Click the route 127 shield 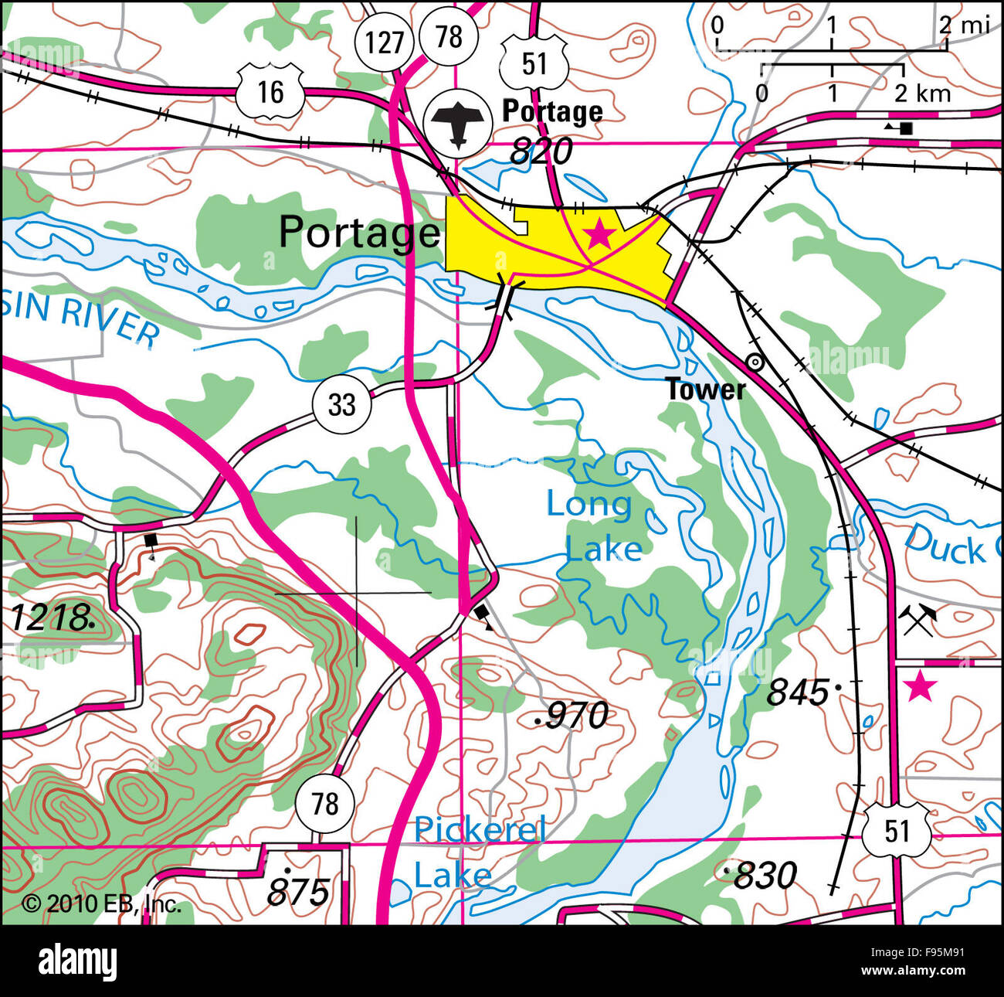(385, 41)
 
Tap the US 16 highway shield (270, 92)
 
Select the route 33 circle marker (341, 403)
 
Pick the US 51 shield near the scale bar (534, 63)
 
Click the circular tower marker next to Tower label (755, 362)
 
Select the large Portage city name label (358, 232)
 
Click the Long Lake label (592, 526)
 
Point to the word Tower (706, 390)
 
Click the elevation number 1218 (50, 618)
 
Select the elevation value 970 (575, 716)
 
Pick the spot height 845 (800, 692)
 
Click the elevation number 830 (762, 876)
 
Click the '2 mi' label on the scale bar (964, 25)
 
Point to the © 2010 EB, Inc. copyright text (101, 903)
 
